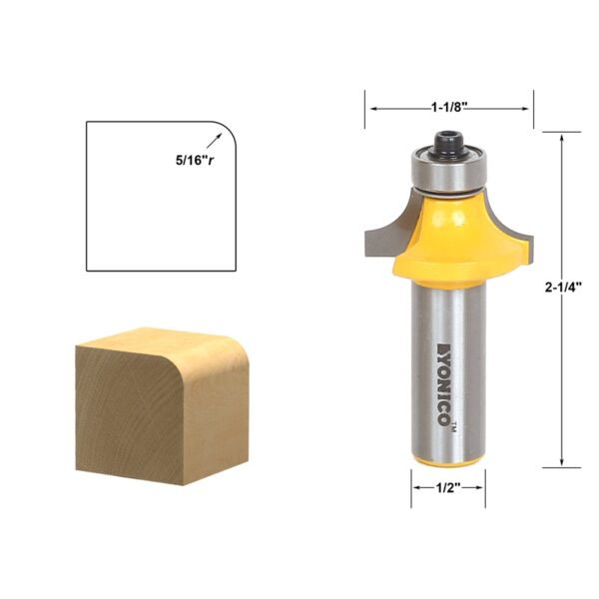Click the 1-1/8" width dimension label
[x=449, y=108]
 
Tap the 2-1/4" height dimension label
[x=563, y=287]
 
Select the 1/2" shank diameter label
[x=448, y=487]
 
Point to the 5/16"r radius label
[x=195, y=161]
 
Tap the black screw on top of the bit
[x=447, y=144]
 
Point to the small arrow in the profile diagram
[x=214, y=140]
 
